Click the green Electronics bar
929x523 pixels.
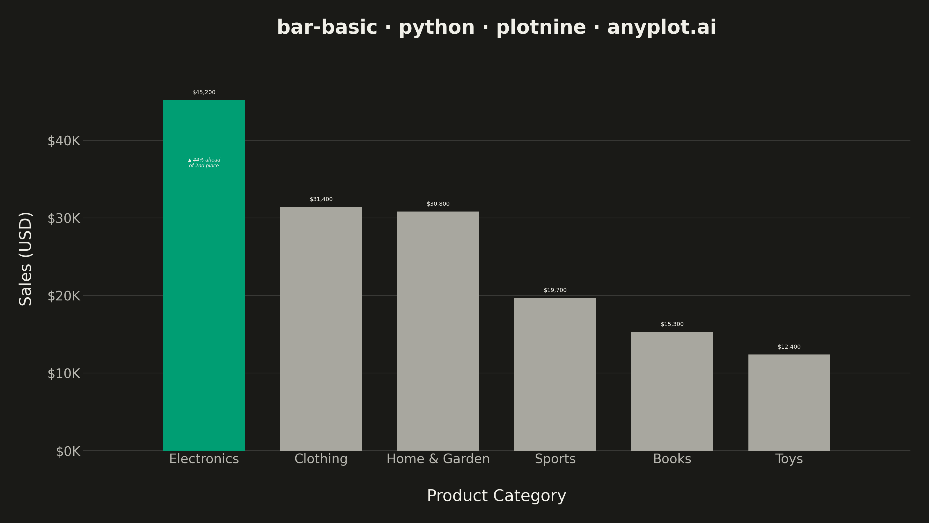(204, 275)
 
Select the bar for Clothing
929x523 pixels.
(321, 328)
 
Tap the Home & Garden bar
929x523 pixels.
(438, 331)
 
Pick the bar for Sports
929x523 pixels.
(555, 374)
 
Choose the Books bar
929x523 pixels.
(672, 391)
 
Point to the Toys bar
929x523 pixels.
(789, 402)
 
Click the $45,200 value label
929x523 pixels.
(204, 92)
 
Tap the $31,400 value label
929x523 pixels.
(321, 199)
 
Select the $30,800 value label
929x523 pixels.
(438, 204)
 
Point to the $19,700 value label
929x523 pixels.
(555, 290)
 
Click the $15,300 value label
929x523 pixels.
(672, 324)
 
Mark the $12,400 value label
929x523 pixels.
(789, 347)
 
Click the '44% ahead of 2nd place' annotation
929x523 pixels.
(204, 163)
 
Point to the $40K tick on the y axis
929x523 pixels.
(64, 141)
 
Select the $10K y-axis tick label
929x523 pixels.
(64, 374)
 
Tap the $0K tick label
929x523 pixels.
(68, 451)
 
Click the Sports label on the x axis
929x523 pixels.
(555, 459)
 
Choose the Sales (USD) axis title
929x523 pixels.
(26, 259)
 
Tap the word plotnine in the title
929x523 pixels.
(541, 27)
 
